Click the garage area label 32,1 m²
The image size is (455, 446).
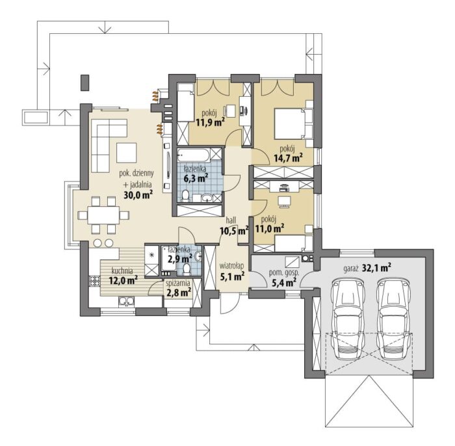pos(376,268)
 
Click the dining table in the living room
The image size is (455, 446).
pos(103,215)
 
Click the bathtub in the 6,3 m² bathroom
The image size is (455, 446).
pos(194,155)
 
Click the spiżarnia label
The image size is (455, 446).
pos(178,283)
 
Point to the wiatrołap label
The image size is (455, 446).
pos(231,266)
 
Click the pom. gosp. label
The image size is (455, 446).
pos(284,273)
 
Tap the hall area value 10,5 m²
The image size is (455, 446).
pos(235,231)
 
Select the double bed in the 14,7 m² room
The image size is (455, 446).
pos(290,123)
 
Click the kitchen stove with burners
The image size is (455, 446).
pos(94,281)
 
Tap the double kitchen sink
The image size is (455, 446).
pos(126,301)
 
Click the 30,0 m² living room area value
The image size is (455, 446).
pos(138,195)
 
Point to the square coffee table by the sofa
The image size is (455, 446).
pos(127,153)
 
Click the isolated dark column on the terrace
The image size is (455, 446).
pos(84,83)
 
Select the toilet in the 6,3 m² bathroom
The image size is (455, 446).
pos(185,195)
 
